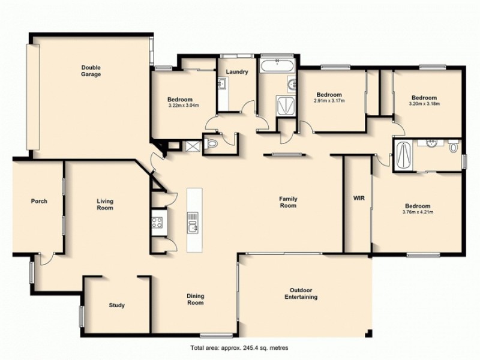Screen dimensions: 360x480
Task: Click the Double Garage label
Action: click(x=91, y=71)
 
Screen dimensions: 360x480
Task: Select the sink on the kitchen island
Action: click(x=194, y=226)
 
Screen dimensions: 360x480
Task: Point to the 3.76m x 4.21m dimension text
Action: click(x=418, y=211)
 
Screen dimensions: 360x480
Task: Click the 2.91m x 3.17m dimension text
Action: click(x=329, y=101)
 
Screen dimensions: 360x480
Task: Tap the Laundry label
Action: click(x=237, y=72)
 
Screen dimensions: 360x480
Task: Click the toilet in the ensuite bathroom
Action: click(x=454, y=145)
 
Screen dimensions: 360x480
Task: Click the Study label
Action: click(x=117, y=305)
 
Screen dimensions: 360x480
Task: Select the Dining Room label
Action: click(x=196, y=299)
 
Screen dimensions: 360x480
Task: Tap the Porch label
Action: click(x=39, y=201)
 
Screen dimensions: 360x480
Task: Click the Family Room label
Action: click(x=289, y=202)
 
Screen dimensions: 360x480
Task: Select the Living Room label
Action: click(x=106, y=205)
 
